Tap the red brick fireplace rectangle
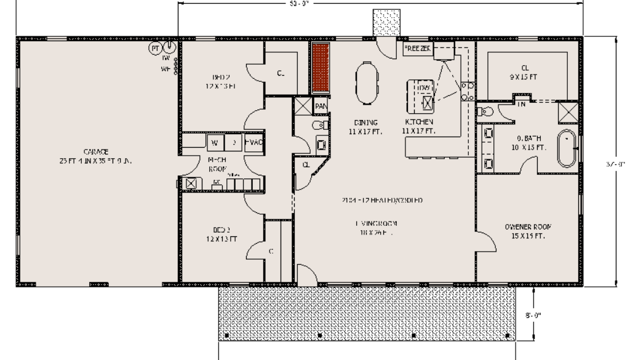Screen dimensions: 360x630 click(320, 67)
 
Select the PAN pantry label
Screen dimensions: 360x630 click(321, 106)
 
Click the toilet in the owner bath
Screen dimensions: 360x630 click(485, 111)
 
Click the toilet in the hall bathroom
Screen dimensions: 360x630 click(319, 126)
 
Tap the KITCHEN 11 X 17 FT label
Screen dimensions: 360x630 click(419, 126)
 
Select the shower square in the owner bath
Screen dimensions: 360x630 click(566, 111)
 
